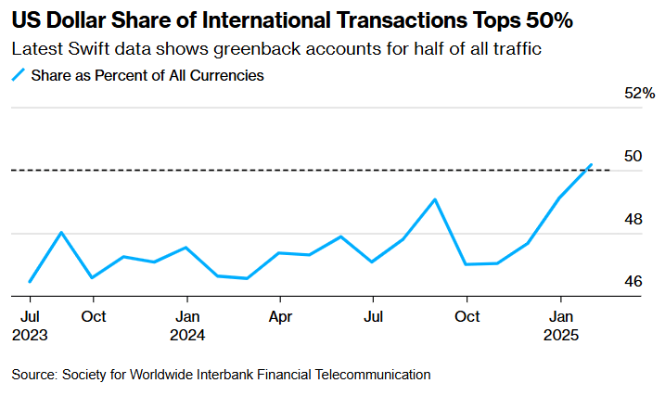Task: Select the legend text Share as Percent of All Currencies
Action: pos(147,76)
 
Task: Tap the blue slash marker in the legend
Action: pos(19,76)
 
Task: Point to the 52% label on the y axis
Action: pos(640,94)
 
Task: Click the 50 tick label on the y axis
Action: pos(633,156)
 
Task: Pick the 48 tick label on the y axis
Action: pos(633,220)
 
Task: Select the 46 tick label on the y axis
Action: pos(633,281)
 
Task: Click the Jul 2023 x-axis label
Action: pos(30,325)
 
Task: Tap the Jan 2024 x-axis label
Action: pos(187,325)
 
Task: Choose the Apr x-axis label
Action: pos(279,316)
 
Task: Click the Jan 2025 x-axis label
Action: pos(560,325)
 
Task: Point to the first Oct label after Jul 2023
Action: pos(92,316)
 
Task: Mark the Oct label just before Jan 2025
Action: pos(467,316)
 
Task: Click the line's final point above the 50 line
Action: pos(591,165)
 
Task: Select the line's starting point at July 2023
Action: pos(31,281)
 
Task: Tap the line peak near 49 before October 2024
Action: pos(435,199)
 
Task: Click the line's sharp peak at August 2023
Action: pos(61,232)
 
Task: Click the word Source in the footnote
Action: pos(33,375)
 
